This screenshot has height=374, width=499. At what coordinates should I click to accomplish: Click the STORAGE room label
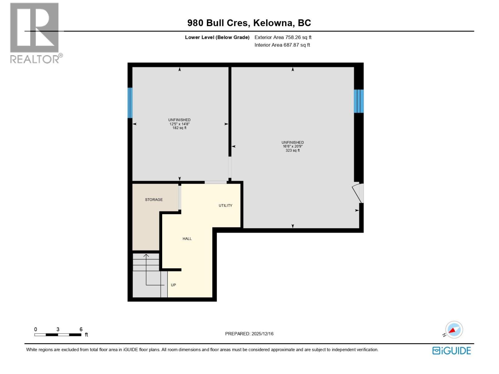[154, 199]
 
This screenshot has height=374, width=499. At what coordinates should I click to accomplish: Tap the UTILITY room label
[225, 205]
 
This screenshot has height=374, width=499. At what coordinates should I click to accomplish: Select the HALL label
[187, 239]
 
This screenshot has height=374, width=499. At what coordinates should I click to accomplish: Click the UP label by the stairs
[173, 285]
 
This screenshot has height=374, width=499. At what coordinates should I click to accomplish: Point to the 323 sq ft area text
[293, 151]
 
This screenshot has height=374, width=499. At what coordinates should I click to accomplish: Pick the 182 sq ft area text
[179, 128]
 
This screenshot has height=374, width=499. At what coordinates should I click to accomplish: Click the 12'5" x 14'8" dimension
[179, 124]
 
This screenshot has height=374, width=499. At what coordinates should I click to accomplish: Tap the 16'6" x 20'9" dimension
[293, 146]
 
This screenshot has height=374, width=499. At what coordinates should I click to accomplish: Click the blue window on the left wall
[130, 103]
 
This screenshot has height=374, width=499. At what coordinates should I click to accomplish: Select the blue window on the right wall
[359, 101]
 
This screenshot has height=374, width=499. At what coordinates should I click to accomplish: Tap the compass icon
[454, 330]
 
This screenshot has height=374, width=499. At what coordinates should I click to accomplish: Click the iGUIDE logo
[452, 351]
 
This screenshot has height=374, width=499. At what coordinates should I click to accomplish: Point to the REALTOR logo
[35, 33]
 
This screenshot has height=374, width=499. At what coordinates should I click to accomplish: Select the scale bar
[58, 335]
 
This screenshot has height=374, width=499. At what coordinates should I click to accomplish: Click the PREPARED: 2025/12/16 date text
[249, 333]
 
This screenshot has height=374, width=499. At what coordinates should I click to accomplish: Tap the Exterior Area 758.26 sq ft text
[283, 37]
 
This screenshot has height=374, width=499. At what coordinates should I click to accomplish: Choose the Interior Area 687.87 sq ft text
[282, 45]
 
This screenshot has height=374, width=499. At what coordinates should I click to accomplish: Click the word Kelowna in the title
[273, 23]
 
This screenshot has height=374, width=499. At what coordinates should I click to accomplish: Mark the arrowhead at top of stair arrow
[146, 256]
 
